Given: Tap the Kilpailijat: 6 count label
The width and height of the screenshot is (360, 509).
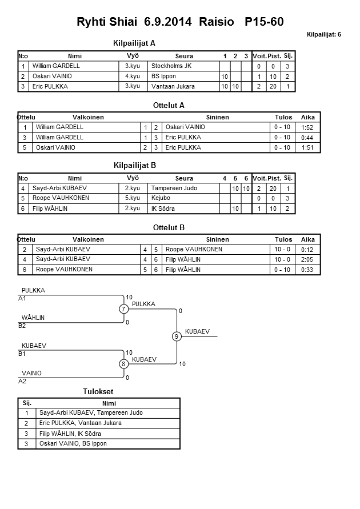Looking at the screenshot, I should pos(323,35).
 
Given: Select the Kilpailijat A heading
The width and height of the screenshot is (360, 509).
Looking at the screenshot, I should pos(134,43).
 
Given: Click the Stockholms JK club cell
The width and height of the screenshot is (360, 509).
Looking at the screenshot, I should pos(171,66).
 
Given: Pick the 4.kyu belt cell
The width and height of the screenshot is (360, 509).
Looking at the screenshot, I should pos(132,76).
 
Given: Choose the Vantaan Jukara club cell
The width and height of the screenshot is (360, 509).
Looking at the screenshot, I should pos(173,86).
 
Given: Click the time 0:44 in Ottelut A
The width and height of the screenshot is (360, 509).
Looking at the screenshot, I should pos(308,138).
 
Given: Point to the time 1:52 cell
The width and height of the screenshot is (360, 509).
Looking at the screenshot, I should pos(308,127).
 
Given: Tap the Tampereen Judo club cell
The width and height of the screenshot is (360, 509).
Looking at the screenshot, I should pos(174,188).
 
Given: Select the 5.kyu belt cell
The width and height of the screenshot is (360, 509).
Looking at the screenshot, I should pos(132,198).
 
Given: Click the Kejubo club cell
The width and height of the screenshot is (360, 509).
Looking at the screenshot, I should pos(161,198).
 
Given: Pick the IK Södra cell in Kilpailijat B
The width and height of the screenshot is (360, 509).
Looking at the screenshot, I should pos(163,209).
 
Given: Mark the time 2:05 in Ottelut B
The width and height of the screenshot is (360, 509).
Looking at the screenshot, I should pos(308,260).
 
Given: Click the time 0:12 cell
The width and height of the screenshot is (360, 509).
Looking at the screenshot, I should pos(308,250).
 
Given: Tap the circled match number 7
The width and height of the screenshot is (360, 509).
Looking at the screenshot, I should pos(123,309).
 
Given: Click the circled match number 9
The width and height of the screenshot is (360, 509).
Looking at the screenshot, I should pos(177,336).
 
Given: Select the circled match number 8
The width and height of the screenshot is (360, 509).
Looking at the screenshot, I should pos(123,364).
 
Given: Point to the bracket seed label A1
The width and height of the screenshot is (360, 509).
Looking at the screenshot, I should pos(23,298).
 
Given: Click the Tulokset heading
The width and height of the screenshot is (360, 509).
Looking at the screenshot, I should pos(99,391).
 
